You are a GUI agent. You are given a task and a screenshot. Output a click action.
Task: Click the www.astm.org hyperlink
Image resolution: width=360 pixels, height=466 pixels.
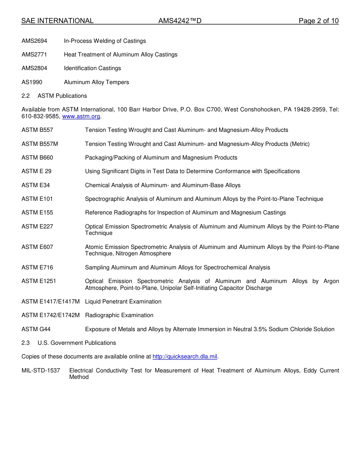(81, 117)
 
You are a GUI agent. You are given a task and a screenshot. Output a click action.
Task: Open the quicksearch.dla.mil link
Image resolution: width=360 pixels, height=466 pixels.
(185, 357)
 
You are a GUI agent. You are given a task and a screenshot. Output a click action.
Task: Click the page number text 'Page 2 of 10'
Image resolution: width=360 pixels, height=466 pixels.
(318, 21)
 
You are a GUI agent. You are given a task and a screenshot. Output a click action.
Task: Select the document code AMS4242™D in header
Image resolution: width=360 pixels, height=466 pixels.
(180, 21)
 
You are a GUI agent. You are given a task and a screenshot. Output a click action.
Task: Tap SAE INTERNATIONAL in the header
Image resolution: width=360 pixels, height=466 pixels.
(57, 21)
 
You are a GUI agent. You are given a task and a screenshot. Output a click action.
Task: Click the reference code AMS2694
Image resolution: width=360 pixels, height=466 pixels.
(34, 41)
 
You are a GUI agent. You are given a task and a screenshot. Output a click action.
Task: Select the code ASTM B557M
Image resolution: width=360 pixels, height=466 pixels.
(40, 144)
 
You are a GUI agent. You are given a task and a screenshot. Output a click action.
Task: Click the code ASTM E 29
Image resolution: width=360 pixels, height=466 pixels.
(36, 171)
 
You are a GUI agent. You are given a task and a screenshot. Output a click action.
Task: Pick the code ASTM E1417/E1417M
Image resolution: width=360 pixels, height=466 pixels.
(50, 302)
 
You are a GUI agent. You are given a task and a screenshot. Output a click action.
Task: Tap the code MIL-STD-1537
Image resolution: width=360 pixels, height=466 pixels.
(41, 371)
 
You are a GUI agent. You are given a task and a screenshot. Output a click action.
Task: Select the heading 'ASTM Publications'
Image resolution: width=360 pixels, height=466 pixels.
(62, 96)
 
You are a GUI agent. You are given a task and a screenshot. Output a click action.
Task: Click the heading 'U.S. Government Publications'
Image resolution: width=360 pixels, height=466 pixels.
(77, 343)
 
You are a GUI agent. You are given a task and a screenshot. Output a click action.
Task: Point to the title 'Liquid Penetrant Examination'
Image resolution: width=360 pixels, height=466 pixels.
(123, 302)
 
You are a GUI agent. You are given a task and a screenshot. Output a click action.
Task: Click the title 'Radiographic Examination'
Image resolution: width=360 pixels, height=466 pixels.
(119, 315)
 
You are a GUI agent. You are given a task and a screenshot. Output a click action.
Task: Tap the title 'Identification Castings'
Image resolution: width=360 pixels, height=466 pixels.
(92, 68)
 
